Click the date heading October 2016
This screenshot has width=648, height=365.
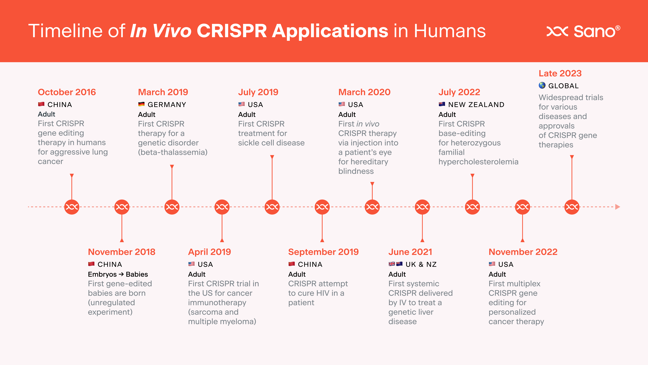click(x=67, y=92)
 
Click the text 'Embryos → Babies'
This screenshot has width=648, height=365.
click(x=118, y=274)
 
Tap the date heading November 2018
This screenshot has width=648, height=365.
click(x=121, y=252)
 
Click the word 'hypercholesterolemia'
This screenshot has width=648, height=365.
click(x=478, y=162)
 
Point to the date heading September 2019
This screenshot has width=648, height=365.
click(x=323, y=252)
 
